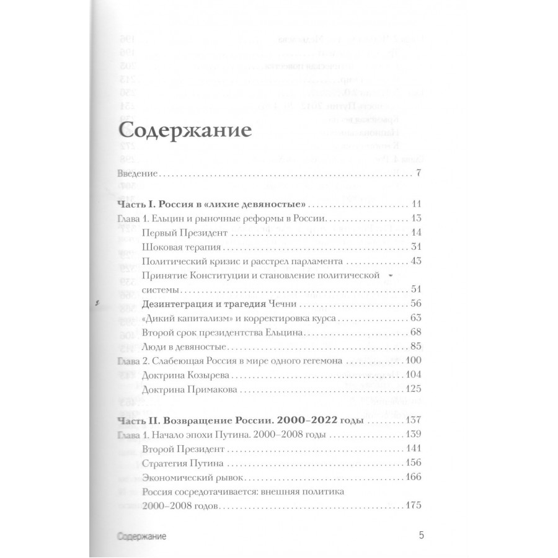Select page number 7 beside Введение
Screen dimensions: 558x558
coord(418,173)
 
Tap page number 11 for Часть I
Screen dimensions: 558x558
coord(416,205)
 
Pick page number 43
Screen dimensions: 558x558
coord(415,260)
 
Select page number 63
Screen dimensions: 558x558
coord(415,317)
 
